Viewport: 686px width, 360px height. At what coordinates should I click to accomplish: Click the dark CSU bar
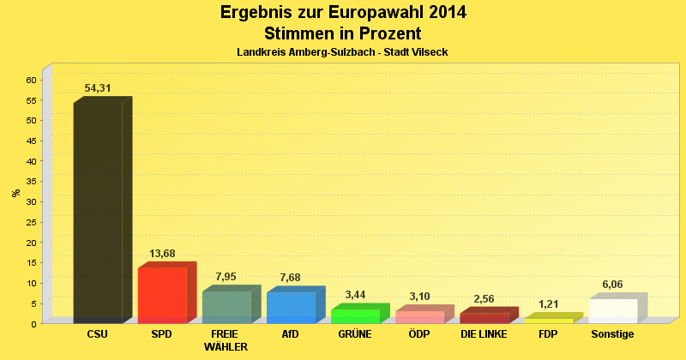pos(98,213)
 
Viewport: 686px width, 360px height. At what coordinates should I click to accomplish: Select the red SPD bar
pos(162,295)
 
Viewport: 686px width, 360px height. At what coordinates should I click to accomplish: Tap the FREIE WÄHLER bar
pos(226,307)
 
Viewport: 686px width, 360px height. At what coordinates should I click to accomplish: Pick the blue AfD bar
pos(291,307)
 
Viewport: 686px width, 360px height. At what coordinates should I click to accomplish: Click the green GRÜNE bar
pos(355,315)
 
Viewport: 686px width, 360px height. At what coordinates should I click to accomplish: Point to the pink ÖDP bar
pos(419,316)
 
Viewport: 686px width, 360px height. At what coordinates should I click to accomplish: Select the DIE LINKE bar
pos(484,318)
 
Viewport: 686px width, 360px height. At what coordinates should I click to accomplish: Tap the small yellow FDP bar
pos(549,321)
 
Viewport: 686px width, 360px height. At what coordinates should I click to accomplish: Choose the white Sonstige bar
pos(613,310)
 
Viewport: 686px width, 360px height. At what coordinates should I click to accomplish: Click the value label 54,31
pos(98,88)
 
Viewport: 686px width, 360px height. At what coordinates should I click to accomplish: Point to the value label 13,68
pos(162,254)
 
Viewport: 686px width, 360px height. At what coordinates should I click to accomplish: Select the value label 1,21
pos(549,304)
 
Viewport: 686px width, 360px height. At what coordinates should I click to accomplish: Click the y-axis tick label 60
pos(32,80)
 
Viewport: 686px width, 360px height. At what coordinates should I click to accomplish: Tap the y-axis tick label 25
pos(32,222)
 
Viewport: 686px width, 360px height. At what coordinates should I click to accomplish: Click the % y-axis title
pos(16,193)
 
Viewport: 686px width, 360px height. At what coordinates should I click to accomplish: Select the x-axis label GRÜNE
pos(355,334)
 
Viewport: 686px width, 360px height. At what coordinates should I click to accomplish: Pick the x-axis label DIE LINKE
pos(484,334)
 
